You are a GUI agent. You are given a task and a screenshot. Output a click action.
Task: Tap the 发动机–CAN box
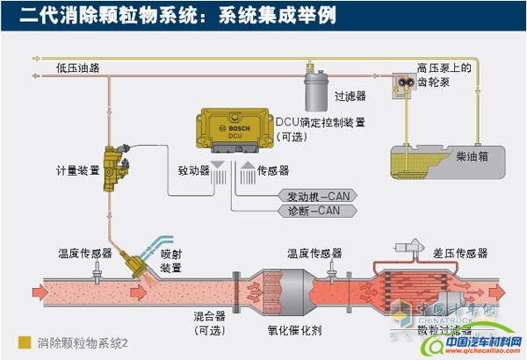(314, 195)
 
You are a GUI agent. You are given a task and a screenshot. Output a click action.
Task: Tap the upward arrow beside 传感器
(249, 170)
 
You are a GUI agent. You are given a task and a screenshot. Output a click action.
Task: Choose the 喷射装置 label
(171, 261)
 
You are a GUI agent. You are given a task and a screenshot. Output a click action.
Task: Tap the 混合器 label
(209, 313)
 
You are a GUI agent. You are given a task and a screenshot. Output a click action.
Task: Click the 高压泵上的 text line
(446, 67)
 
